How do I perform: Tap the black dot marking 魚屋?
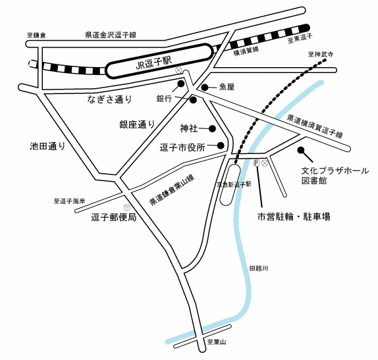coord(205,88)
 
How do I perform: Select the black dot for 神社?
coord(212,129)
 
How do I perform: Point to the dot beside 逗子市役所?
coord(221,145)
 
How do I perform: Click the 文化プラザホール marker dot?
coord(300,150)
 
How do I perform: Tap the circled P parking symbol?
coord(256,163)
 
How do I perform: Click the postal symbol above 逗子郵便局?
coord(127,207)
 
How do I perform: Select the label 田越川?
coord(258,269)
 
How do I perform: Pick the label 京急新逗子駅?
coord(234,184)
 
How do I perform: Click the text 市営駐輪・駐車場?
coord(294,217)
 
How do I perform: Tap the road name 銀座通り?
coord(137,124)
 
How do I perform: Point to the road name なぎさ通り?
coord(110,99)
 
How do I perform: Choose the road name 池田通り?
coord(47,146)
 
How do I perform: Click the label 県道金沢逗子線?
coord(111,35)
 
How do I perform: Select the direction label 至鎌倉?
coord(36,36)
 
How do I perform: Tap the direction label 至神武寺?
coord(321,55)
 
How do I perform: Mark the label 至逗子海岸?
coord(69,201)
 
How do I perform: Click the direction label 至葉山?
coord(217,342)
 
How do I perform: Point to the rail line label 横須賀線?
coord(246,51)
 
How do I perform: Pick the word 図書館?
coord(314,180)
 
